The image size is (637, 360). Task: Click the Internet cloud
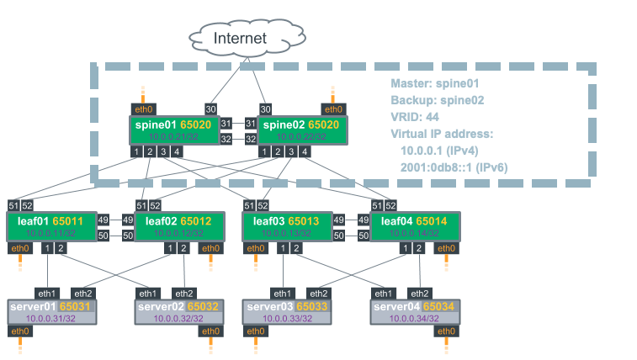240,38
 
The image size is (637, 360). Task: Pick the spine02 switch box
303,130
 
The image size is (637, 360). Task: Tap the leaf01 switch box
55,225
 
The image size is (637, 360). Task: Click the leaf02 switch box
180,225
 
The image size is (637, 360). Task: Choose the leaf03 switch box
289,225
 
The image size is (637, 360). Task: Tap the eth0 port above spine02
334,109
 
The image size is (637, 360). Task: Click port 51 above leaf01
13,205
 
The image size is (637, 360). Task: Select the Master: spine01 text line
434,84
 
